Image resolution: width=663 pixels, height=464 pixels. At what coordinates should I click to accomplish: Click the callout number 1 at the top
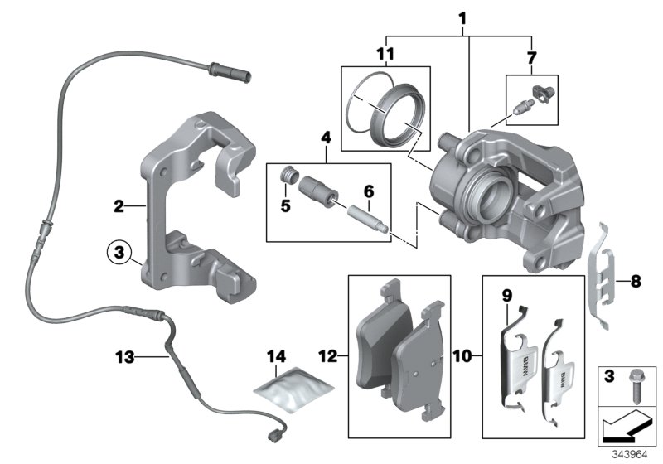pos(463,17)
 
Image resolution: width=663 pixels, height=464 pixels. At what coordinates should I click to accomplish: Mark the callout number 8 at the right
pos(636,282)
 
